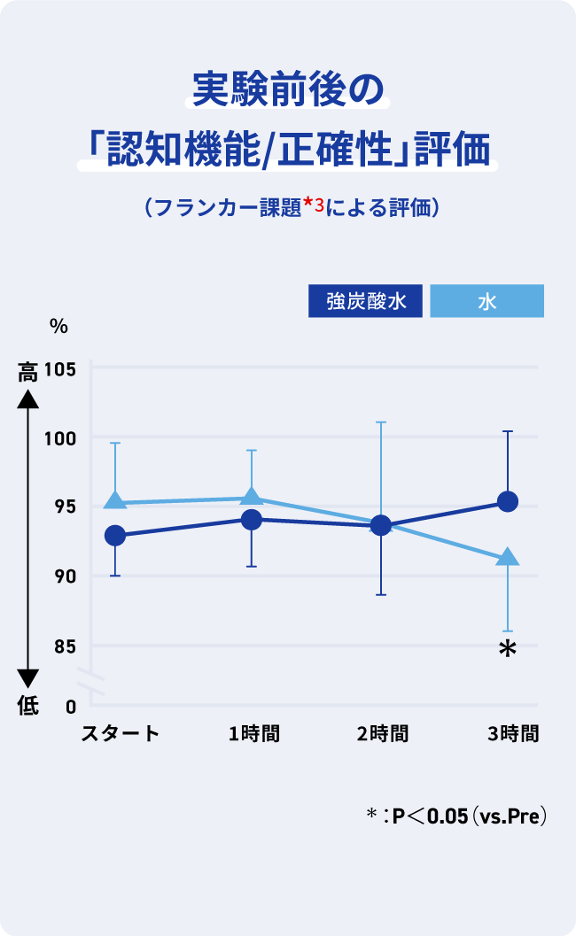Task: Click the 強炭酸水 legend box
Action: coord(366,301)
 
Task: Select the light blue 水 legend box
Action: coord(486,301)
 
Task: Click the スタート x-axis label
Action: coord(121,733)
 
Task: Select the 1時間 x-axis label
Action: coord(253,733)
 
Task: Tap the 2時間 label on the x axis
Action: coord(383,733)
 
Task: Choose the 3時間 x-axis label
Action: coord(513,733)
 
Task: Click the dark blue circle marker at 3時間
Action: coord(508,502)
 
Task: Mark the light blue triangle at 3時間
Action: coord(508,557)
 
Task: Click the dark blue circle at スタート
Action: coord(115,536)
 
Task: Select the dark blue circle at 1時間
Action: coord(252,520)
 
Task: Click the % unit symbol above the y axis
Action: coord(58,326)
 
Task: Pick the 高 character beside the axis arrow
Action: coord(28,373)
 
